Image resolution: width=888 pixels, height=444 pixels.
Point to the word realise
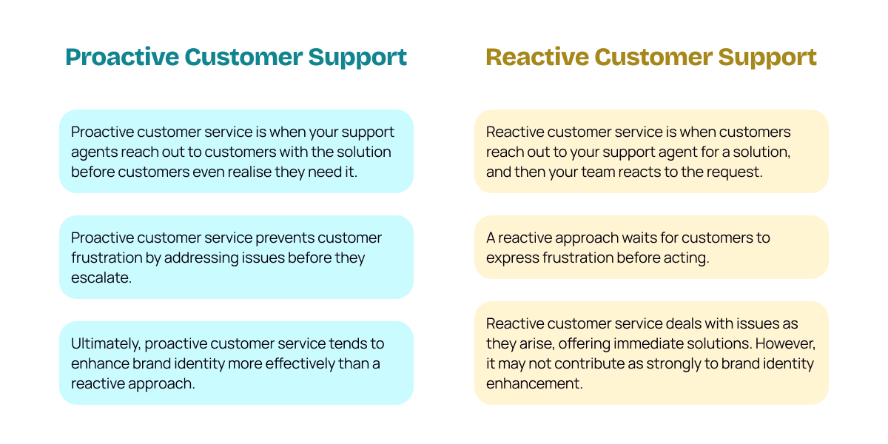270,171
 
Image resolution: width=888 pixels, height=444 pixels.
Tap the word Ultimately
105,343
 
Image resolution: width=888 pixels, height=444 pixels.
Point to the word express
512,258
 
